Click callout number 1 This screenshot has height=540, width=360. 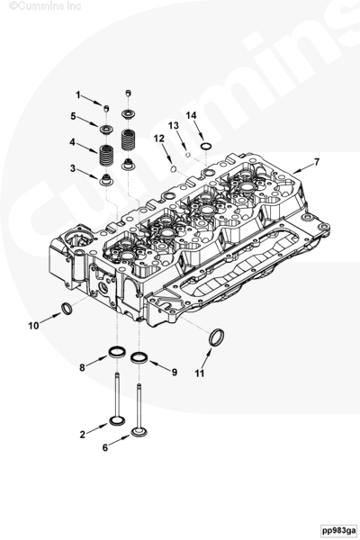tap(78, 94)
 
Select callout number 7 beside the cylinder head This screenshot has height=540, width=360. tap(316, 161)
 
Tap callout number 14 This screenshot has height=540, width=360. tap(191, 115)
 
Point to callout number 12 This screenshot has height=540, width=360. tap(158, 139)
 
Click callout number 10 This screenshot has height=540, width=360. tap(33, 326)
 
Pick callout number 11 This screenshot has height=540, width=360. tap(200, 373)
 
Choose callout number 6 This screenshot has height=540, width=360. tap(105, 447)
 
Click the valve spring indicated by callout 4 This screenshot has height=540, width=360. tap(106, 156)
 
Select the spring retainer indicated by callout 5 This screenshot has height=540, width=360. tap(105, 130)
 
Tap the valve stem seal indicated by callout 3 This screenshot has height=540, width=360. tap(105, 179)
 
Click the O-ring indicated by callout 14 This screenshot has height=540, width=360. tap(206, 147)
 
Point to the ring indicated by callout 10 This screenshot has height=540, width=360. tap(66, 309)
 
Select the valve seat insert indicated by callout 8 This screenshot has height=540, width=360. tap(116, 352)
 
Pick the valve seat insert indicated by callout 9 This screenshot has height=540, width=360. tap(139, 357)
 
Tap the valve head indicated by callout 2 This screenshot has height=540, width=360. tap(116, 420)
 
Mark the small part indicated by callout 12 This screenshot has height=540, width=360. tap(174, 168)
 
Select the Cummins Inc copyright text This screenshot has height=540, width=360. tap(45, 5)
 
